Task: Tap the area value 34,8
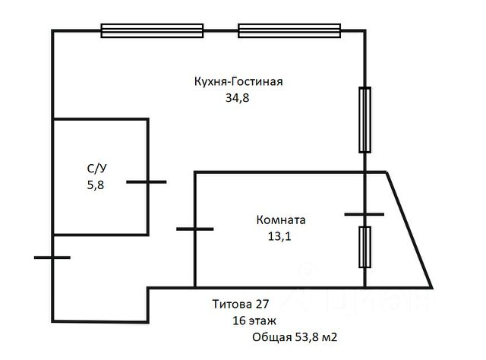[236, 98]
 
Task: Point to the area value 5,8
[96, 184]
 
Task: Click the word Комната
[280, 220]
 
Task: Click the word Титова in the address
[230, 305]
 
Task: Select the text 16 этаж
[255, 321]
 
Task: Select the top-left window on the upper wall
[153, 30]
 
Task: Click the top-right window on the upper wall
[289, 30]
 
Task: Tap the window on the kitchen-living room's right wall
[365, 120]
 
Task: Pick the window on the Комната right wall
[365, 247]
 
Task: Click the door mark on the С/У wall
[147, 182]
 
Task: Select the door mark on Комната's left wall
[195, 228]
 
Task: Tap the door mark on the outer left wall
[52, 257]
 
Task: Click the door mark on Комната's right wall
[365, 215]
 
